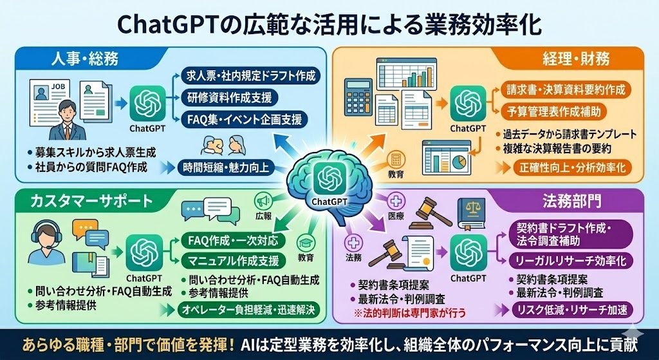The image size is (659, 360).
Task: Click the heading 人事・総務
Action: [85, 58]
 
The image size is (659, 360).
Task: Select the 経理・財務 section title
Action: [575, 59]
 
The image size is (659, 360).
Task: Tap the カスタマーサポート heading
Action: [91, 200]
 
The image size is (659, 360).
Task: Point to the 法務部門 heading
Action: [571, 200]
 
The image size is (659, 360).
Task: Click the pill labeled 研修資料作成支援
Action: [230, 98]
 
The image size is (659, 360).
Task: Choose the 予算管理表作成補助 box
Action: [553, 111]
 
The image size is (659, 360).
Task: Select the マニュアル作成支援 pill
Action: [234, 261]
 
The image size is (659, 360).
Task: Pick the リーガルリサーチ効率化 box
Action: [571, 260]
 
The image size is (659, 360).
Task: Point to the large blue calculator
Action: [358, 97]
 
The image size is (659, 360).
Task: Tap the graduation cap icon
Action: [306, 243]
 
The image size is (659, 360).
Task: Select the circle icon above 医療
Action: [396, 202]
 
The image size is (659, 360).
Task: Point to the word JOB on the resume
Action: [57, 86]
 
